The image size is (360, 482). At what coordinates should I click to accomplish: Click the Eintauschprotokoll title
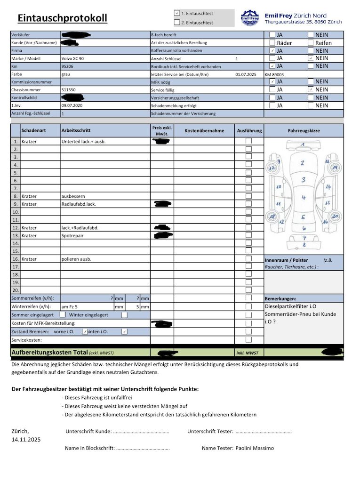coord(62,18)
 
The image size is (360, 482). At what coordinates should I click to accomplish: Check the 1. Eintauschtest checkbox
coord(177,14)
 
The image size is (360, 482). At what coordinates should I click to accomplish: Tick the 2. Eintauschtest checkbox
coord(177,22)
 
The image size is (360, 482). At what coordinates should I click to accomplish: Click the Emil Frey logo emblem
coord(250,18)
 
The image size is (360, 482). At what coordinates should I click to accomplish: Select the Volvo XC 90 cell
coord(73,58)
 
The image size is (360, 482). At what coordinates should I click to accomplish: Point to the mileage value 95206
coord(68,66)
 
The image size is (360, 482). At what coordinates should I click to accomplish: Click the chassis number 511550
coord(68,89)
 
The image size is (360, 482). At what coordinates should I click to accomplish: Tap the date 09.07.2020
coord(72,105)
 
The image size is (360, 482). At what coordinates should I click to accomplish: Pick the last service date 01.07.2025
coord(246,74)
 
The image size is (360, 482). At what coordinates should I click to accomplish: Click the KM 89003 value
coord(274,74)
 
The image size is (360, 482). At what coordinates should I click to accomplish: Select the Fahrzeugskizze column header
coord(304,130)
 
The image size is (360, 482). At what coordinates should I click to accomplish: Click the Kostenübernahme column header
coord(204,130)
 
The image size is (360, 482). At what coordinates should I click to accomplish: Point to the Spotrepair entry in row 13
coord(72,235)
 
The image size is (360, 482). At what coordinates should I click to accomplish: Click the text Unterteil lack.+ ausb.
coord(83,141)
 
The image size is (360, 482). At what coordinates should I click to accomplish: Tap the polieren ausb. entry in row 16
coord(76,259)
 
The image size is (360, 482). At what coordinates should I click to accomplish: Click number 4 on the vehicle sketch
coord(304,198)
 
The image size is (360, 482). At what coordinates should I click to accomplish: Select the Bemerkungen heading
coord(280,298)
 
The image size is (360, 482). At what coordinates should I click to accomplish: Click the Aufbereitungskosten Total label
coord(49,352)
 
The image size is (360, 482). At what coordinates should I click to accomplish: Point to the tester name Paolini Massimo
coord(255,448)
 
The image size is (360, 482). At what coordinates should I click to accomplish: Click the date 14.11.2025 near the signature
coord(26,440)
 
